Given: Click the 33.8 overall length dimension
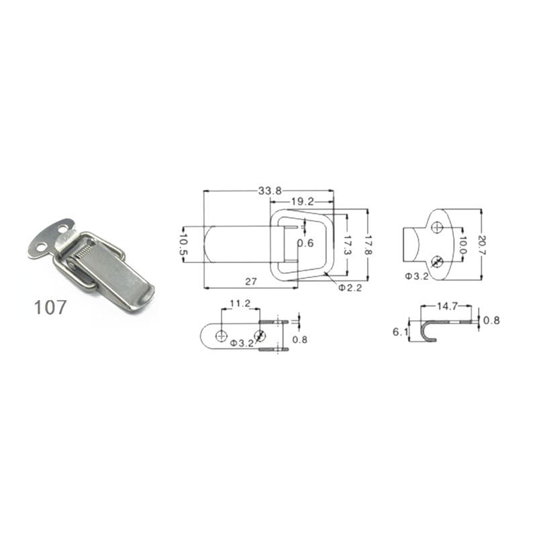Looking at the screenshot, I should pos(268,191).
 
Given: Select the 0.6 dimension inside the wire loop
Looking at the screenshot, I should pos(305,243).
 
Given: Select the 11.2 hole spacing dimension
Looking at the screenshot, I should pos(240,304).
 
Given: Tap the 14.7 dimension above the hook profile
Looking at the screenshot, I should pos(448,306).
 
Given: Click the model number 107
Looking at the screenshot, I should pos(51,308).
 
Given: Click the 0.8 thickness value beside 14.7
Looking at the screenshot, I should pos(492,321).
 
